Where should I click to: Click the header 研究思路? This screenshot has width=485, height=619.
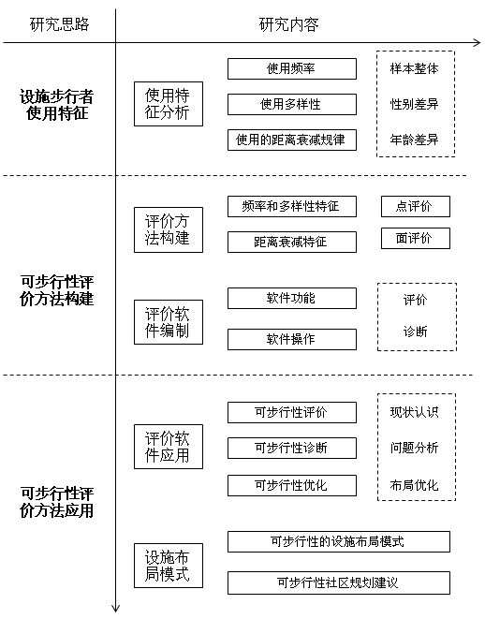[60, 24]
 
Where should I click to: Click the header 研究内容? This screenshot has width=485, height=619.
[289, 24]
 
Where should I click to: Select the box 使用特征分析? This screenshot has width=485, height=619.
[169, 104]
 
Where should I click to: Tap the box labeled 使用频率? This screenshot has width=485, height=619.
[292, 68]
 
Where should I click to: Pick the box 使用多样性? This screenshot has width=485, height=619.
[292, 104]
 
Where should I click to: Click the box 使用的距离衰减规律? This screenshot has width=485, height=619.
[292, 140]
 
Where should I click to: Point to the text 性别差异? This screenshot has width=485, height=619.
[415, 104]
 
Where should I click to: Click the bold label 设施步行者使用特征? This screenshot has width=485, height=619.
[57, 105]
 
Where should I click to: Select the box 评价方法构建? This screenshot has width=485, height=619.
[169, 229]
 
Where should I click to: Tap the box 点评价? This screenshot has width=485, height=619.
[416, 206]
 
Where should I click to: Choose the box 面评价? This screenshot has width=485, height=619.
[416, 238]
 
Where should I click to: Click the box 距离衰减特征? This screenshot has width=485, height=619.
[292, 242]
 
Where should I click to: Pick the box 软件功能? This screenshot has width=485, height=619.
[292, 298]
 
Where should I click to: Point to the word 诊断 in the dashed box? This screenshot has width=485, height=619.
[415, 332]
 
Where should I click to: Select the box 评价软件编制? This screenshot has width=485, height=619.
[169, 322]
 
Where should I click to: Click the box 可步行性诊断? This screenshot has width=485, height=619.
[292, 448]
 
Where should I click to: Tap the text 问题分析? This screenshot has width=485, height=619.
[415, 448]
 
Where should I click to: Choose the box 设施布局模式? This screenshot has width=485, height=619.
[169, 566]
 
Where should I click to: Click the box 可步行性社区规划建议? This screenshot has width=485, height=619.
[339, 582]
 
